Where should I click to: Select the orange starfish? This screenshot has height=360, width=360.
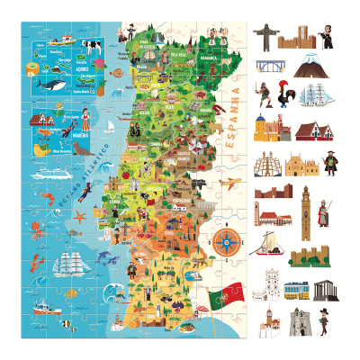(78, 217)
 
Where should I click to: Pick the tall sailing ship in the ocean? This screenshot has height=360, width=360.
(70, 264)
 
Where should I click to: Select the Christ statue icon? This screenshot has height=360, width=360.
(265, 36)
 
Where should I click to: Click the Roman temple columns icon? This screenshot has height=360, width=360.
(325, 290)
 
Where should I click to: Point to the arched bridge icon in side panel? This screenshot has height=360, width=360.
(269, 67)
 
